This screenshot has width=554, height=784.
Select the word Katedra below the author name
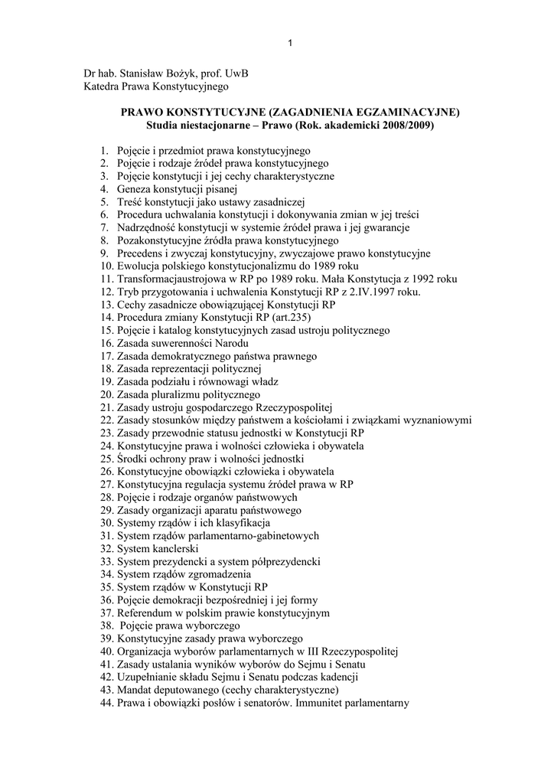point(104,87)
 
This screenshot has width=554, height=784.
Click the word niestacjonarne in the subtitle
point(217,125)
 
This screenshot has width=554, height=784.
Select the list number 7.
point(105,227)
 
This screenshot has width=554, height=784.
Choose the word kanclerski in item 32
point(176,549)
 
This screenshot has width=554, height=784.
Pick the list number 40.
point(106,652)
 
